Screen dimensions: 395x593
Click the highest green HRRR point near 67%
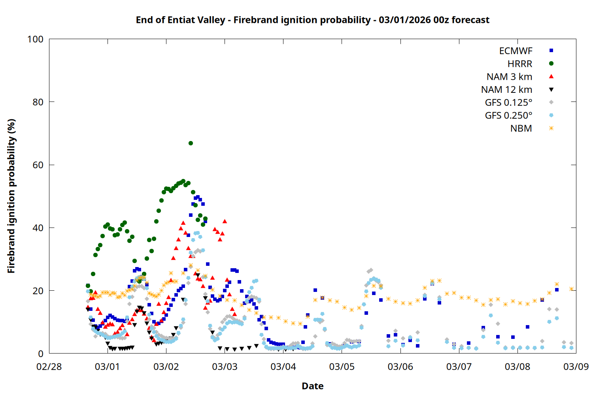191,143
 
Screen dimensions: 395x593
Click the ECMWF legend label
516,51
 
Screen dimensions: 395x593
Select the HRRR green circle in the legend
551,64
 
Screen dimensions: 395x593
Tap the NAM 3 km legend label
509,77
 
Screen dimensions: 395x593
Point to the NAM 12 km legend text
506,90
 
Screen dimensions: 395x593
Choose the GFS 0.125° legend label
508,103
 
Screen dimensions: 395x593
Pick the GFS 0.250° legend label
508,116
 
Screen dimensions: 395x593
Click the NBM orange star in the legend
551,128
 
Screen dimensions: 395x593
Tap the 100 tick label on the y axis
35,39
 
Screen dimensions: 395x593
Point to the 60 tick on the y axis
38,165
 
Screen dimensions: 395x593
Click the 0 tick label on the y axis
41,354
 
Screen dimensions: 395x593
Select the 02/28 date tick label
49,367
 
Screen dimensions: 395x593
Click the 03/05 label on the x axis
342,367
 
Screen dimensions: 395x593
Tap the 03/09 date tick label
576,367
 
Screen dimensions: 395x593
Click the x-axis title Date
312,386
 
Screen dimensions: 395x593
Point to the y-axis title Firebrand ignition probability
11,196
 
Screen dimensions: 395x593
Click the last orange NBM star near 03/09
571,289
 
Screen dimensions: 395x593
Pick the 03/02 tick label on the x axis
166,367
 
